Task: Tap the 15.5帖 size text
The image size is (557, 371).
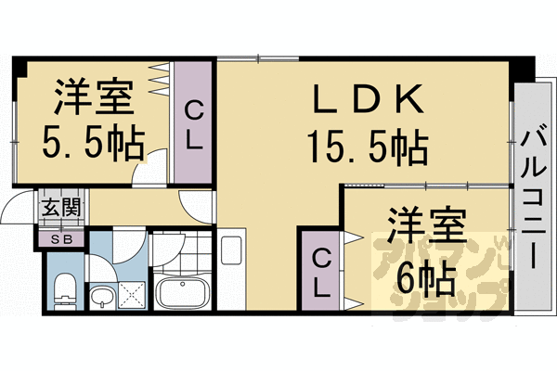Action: click(x=368, y=145)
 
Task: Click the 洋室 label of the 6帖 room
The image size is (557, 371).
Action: click(x=426, y=228)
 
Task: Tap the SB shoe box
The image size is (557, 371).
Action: click(x=60, y=239)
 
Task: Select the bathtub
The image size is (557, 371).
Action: click(x=183, y=294)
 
